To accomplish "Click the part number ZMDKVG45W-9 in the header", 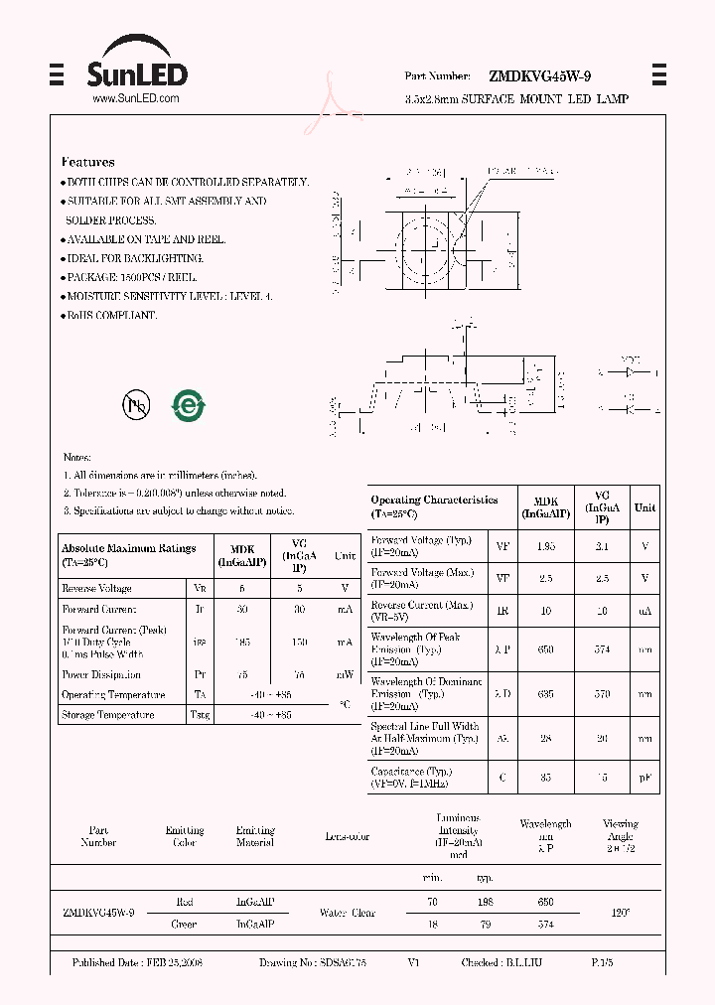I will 542,75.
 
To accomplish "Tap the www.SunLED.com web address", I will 135,99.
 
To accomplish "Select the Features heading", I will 88,162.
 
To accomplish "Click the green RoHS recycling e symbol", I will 188,404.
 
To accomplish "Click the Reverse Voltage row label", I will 96,589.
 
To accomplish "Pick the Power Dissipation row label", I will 102,675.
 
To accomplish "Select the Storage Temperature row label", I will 108,715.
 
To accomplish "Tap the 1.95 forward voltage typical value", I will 545,546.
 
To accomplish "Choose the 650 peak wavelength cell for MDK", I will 545,649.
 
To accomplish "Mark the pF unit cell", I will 645,778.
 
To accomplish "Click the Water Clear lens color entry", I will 348,913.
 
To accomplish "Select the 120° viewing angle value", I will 620,913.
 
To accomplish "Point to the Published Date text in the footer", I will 137,963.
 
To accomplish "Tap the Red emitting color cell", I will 185,902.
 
